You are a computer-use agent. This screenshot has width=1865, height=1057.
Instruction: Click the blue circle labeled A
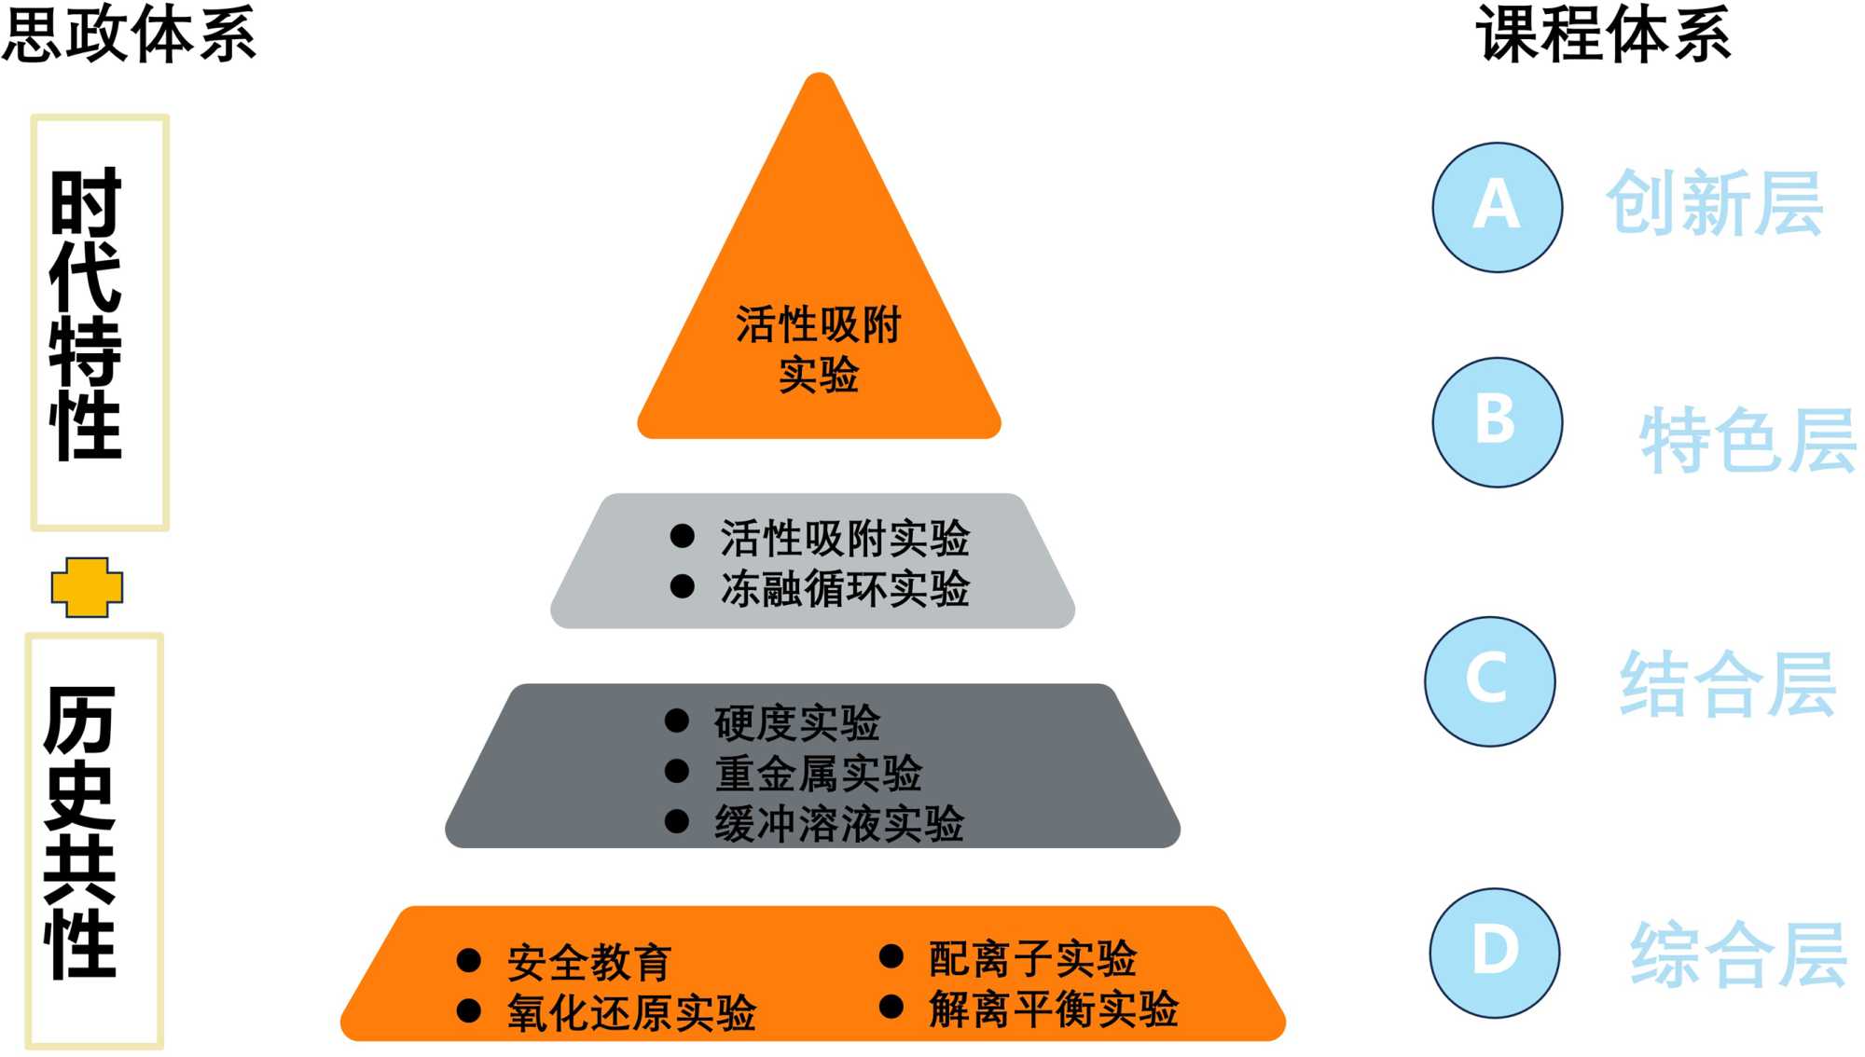(1497, 207)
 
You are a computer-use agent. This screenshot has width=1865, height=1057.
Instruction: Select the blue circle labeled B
(1497, 421)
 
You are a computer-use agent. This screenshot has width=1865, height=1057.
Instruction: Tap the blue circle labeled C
(1489, 680)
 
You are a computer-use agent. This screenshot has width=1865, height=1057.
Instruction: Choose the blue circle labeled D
(1495, 952)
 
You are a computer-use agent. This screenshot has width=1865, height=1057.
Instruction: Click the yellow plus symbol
(87, 587)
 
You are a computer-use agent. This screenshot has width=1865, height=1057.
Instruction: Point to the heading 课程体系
(1602, 34)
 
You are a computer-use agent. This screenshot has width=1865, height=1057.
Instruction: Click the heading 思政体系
(129, 34)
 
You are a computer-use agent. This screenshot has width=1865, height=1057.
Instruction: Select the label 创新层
(1714, 203)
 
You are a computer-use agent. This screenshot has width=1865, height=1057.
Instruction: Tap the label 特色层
(1748, 440)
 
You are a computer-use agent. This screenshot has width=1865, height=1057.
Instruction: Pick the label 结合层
(1728, 684)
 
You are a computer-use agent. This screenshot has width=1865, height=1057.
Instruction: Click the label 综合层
(1738, 954)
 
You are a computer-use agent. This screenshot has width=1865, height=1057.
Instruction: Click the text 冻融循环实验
(845, 589)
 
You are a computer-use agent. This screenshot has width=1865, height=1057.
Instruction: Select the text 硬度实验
(797, 722)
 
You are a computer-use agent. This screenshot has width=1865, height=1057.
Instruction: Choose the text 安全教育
(589, 962)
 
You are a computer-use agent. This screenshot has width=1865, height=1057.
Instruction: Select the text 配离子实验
(1033, 958)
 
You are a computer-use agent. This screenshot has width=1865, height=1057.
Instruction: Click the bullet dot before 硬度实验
(677, 721)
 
